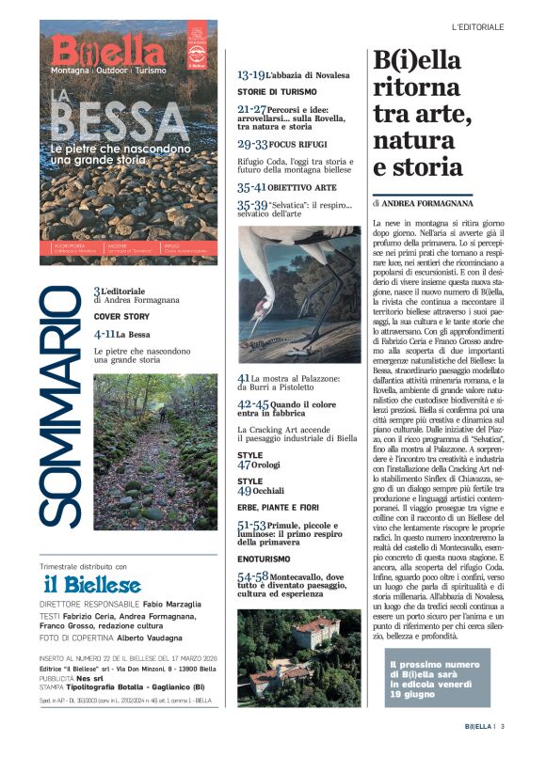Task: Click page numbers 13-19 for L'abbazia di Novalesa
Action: click(x=250, y=74)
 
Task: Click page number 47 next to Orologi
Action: click(x=244, y=465)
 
